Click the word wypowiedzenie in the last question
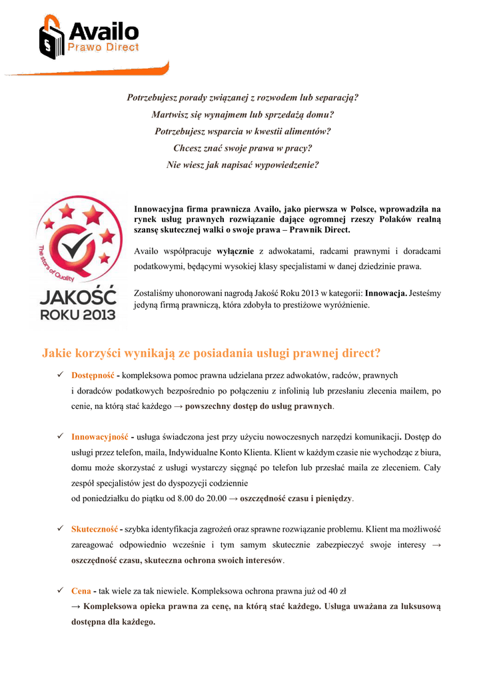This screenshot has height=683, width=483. click(284, 164)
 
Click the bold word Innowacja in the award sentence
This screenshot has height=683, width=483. click(386, 293)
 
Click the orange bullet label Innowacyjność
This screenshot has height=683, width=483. click(99, 437)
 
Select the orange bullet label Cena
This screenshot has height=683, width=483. click(82, 590)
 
